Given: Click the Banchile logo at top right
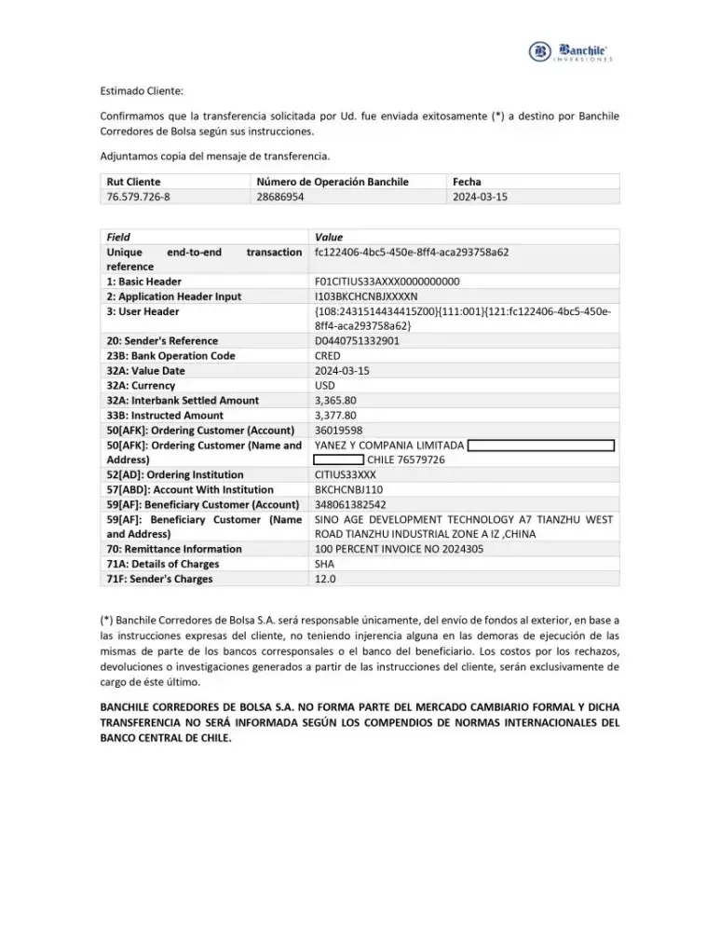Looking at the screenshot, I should [569, 52].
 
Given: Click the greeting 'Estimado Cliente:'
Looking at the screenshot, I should [142, 91].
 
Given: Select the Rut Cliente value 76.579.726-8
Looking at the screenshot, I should [139, 197].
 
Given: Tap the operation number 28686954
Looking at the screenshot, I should [280, 197].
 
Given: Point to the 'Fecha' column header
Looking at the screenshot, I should [466, 182].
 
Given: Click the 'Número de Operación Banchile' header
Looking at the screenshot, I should [333, 182].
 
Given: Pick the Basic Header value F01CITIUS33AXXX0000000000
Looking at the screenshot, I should [387, 281].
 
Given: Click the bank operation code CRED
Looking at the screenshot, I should [328, 356].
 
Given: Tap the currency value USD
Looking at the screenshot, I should [326, 386].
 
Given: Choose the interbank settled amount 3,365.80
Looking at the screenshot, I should [335, 401].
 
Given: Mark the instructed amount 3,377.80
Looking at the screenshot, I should [335, 416].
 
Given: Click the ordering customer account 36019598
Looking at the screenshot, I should [339, 431].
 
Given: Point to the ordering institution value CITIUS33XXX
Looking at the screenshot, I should [346, 475].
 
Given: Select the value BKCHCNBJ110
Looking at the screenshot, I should [348, 490].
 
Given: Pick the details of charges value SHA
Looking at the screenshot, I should [325, 565].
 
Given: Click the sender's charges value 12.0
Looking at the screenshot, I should [325, 580].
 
